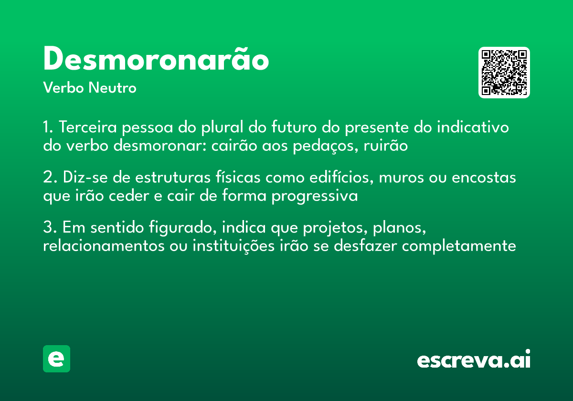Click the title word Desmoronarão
tap(156, 60)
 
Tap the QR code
tap(504, 73)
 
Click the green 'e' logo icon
tap(56, 359)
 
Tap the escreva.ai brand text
tap(473, 360)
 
